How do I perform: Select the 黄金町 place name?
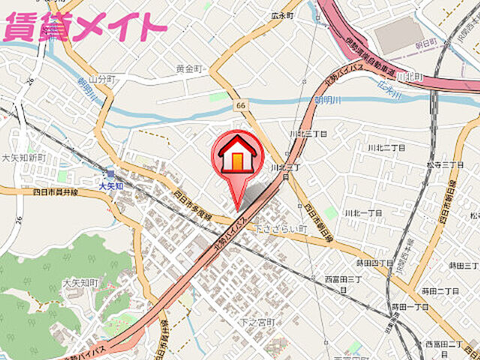coord(190,69)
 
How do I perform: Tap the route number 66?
coord(239,106)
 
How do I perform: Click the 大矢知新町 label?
coord(23,158)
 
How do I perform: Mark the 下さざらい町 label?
coord(280,227)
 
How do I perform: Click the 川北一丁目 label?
coord(363,213)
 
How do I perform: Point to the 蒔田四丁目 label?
coord(374,263)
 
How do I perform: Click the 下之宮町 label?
coord(253,322)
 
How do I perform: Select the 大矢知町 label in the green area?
coord(81,283)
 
